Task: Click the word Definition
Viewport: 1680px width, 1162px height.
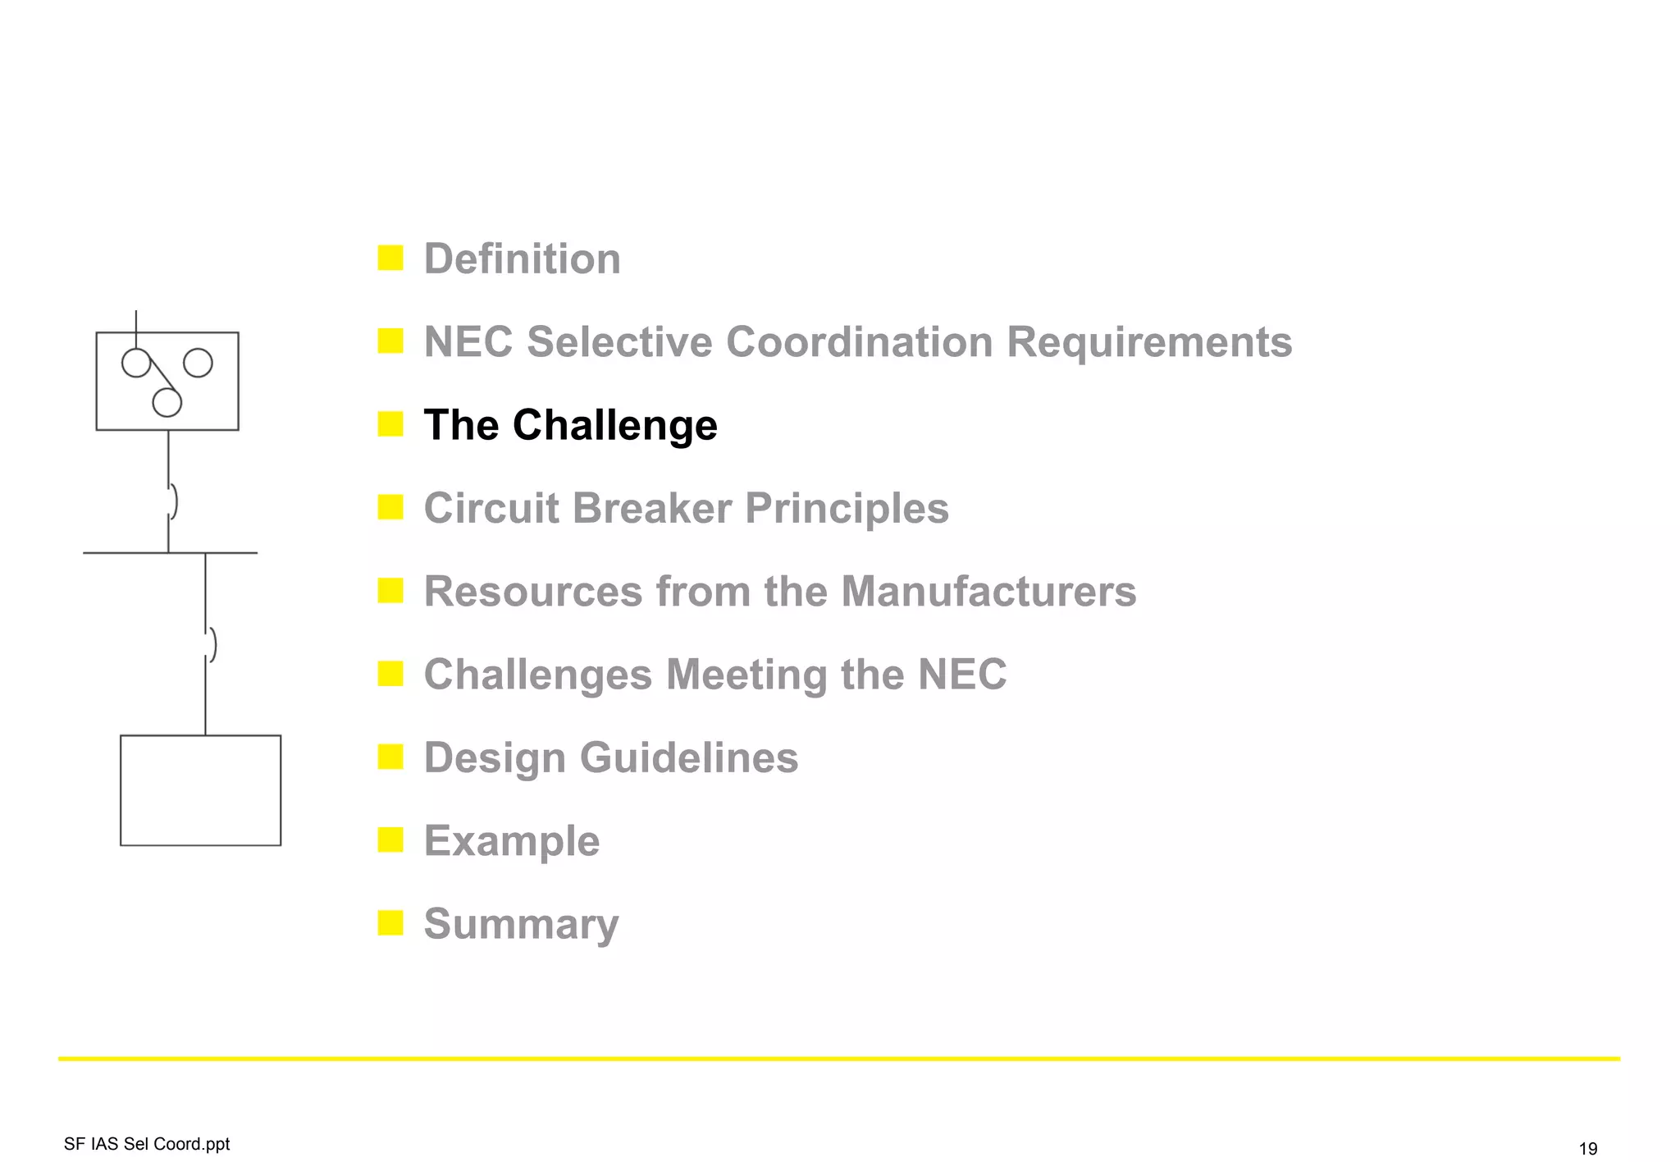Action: pos(522,259)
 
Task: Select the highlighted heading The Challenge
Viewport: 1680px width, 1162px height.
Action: pos(570,425)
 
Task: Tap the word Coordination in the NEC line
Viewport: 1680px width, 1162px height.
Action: pos(859,342)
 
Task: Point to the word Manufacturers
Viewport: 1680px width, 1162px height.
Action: pos(988,592)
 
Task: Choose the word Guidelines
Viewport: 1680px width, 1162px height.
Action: pos(688,757)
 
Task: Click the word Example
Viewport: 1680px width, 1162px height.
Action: pos(511,841)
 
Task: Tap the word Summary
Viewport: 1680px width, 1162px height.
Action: pos(521,924)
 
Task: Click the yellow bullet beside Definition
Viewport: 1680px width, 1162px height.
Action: pos(390,258)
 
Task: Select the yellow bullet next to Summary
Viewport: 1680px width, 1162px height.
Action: pos(390,923)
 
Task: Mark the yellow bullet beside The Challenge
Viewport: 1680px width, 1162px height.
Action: pos(390,424)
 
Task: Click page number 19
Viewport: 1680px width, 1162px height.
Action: pos(1587,1148)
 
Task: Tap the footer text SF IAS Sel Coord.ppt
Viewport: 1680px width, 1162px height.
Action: pos(147,1144)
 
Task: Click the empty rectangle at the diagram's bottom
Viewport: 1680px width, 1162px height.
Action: pos(200,790)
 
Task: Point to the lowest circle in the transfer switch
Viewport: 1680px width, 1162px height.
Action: pos(167,402)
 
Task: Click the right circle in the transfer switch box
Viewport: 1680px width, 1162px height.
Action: pos(198,363)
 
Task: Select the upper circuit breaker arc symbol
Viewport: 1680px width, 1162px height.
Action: pos(173,501)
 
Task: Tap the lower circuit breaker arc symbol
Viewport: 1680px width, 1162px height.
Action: pos(212,644)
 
